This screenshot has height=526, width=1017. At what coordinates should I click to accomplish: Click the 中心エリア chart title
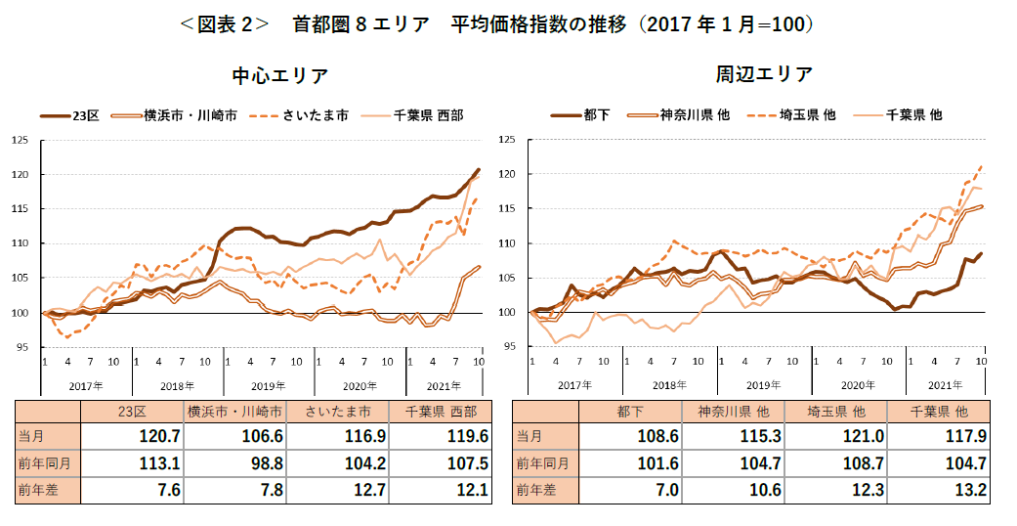click(279, 76)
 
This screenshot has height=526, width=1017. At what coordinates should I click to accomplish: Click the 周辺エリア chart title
click(764, 74)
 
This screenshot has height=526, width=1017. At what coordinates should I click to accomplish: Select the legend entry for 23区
click(70, 115)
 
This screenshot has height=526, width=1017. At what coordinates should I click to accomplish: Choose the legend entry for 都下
click(580, 115)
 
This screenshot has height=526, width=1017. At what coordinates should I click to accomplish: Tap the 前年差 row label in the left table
click(39, 491)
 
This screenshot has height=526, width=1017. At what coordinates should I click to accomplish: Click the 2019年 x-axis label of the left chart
click(269, 386)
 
